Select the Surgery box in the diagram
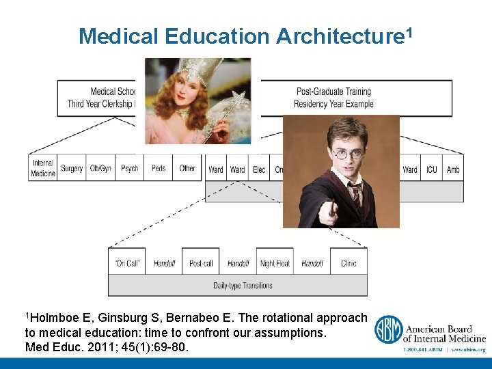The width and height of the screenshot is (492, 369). click(x=72, y=168)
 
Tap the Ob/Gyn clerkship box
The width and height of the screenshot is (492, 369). click(x=100, y=168)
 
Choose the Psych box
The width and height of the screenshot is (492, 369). click(x=129, y=168)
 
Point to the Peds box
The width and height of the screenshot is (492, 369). click(x=159, y=168)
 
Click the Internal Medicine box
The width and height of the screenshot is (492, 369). click(x=43, y=168)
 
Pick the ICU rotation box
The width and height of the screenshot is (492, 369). click(x=432, y=169)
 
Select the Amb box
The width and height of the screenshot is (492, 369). click(x=452, y=169)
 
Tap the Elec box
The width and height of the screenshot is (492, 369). click(x=259, y=169)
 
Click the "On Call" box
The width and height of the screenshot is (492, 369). click(x=127, y=263)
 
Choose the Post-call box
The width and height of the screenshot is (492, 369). click(x=201, y=263)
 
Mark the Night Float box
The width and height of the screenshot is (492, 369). click(x=275, y=263)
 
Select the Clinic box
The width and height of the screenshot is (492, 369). click(x=348, y=263)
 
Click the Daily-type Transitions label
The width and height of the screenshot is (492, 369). click(x=243, y=286)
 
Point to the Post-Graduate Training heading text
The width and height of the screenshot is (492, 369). click(x=333, y=92)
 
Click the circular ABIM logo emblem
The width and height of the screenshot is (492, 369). click(x=387, y=329)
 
